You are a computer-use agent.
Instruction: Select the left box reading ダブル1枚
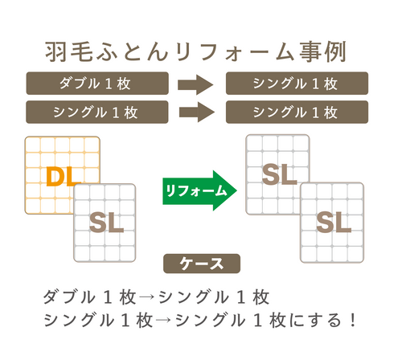97,84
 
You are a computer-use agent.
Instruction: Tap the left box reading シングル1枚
97,110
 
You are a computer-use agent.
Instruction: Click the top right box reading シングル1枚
297,84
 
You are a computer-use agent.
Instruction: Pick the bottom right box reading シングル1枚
297,110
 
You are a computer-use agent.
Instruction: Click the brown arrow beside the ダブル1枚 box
195,84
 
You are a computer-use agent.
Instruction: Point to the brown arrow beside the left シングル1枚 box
195,110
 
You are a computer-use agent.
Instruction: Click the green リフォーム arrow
199,190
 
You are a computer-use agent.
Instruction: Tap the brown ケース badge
199,264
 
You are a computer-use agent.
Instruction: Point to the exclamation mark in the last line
352,320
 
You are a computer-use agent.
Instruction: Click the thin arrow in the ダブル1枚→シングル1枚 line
148,297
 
